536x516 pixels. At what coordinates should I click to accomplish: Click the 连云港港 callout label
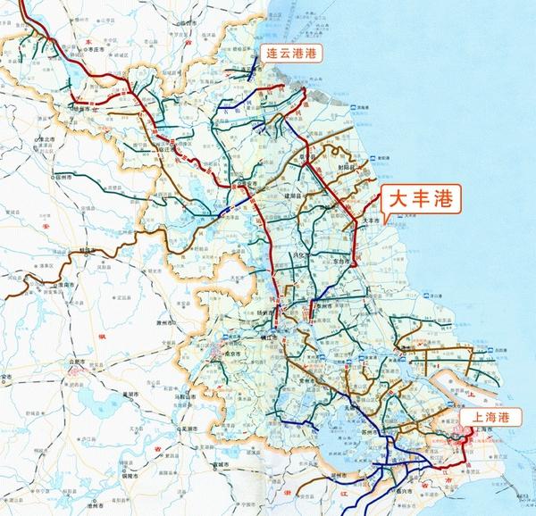pos(295,54)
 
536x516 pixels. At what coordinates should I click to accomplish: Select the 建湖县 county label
pos(322,196)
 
